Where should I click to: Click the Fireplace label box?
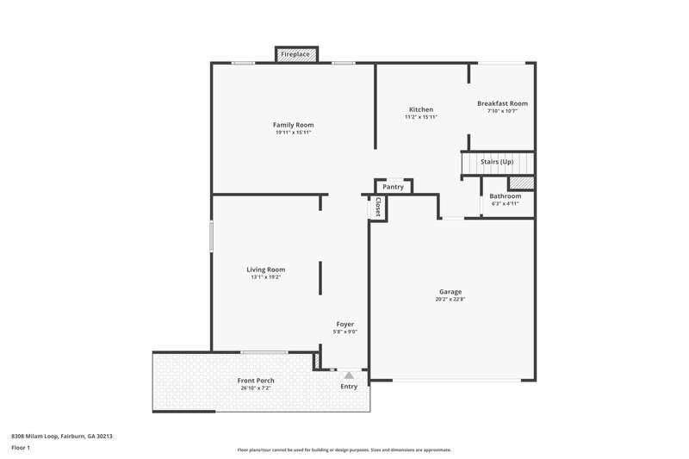point(296,54)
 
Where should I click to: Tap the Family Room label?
point(293,125)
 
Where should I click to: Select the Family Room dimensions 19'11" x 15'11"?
point(293,133)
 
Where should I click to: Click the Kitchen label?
point(421,109)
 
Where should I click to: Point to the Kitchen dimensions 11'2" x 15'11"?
point(421,117)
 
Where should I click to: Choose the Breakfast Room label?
point(502,103)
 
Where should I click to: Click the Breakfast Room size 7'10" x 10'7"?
point(502,111)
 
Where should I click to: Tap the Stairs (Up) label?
point(497,162)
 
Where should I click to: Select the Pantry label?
point(394,186)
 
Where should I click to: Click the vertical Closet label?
point(377,208)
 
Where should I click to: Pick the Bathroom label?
point(506,195)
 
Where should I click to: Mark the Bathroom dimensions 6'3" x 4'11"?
point(506,204)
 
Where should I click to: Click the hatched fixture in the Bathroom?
point(521,183)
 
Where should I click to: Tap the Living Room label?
point(266,269)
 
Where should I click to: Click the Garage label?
point(450,292)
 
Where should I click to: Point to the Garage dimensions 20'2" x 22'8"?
point(450,300)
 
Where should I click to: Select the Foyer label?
point(344,324)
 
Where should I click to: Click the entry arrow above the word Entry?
point(349,375)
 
